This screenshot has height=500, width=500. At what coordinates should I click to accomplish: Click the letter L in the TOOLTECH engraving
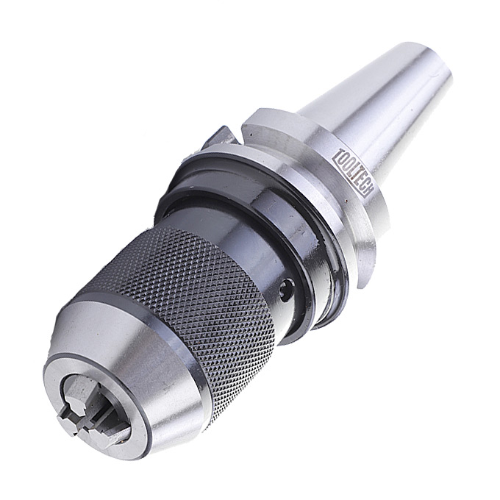click(x=349, y=169)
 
